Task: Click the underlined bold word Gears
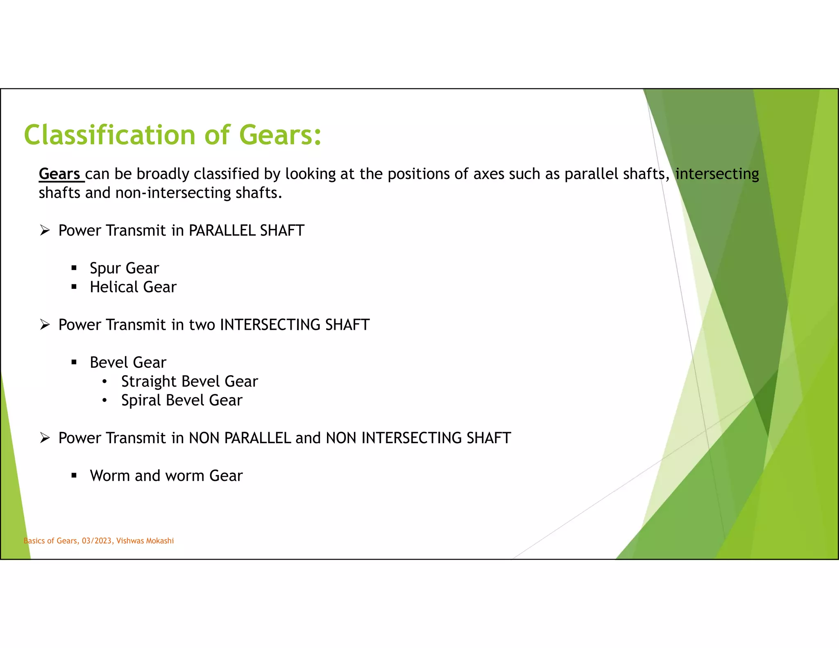pyautogui.click(x=60, y=174)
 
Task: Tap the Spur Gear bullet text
pyautogui.click(x=124, y=268)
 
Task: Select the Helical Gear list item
pyautogui.click(x=133, y=287)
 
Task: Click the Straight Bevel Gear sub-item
pyautogui.click(x=189, y=381)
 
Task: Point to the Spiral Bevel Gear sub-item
pyautogui.click(x=181, y=400)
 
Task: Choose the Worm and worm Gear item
pyautogui.click(x=166, y=476)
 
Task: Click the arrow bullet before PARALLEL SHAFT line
pyautogui.click(x=45, y=230)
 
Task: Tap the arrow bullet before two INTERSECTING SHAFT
pyautogui.click(x=45, y=325)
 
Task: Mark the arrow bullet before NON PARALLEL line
pyautogui.click(x=45, y=438)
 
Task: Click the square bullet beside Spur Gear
pyautogui.click(x=74, y=268)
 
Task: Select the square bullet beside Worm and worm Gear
pyautogui.click(x=74, y=476)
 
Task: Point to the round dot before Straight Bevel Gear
pyautogui.click(x=105, y=382)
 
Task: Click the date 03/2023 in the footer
pyautogui.click(x=97, y=541)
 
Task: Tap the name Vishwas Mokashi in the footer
pyautogui.click(x=145, y=541)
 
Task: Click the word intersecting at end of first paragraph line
pyautogui.click(x=717, y=174)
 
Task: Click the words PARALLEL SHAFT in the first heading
pyautogui.click(x=246, y=231)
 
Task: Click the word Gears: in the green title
pyautogui.click(x=280, y=135)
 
